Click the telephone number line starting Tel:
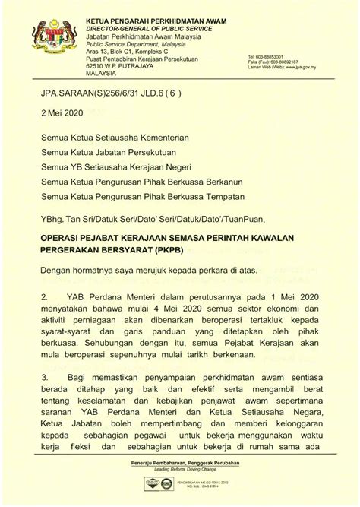tap(276, 56)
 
